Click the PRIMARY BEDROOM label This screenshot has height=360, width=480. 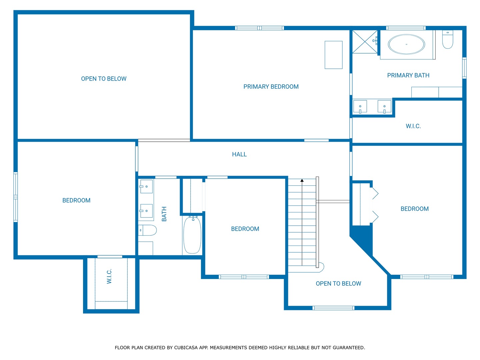tap(271, 87)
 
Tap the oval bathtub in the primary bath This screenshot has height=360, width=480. tap(406, 44)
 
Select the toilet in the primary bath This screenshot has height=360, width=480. tap(448, 40)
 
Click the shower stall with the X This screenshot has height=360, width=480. tap(365, 42)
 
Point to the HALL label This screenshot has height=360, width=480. tap(239, 154)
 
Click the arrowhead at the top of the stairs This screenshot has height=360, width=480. tap(302, 180)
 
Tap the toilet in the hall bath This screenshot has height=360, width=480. tap(147, 230)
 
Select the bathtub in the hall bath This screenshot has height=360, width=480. tap(192, 235)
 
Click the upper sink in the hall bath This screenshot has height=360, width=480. tap(146, 187)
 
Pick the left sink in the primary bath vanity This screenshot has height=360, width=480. tap(360, 107)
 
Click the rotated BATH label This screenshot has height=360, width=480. tap(164, 214)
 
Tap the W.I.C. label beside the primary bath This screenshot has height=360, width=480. tap(413, 126)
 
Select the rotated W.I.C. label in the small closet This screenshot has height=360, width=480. tap(109, 276)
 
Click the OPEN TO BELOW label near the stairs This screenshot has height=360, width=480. tap(338, 284)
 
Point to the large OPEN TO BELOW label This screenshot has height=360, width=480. tap(104, 79)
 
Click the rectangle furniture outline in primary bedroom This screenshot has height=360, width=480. tap(333, 55)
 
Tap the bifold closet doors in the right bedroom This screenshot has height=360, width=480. tap(375, 205)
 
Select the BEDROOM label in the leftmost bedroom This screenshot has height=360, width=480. tap(76, 200)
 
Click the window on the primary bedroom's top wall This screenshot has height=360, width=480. tap(259, 28)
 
